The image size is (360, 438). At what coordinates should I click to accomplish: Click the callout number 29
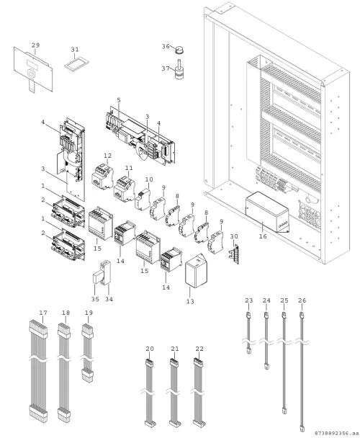[x=35, y=45]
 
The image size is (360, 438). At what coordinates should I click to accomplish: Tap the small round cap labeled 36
[x=179, y=50]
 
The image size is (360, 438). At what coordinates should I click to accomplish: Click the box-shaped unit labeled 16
[x=267, y=212]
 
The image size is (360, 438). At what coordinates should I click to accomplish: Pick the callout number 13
[x=190, y=302]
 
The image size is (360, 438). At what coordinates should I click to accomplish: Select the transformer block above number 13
[x=197, y=270]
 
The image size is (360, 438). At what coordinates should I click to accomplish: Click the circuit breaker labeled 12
[x=102, y=176]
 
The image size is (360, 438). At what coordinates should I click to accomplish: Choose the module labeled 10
[x=143, y=200]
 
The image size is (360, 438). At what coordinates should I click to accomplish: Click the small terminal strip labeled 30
[x=234, y=254]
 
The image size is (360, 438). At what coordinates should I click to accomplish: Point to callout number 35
[x=95, y=299]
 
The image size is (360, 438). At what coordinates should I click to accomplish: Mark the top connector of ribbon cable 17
[x=38, y=329]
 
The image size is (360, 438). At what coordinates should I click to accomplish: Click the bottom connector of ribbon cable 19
[x=88, y=375]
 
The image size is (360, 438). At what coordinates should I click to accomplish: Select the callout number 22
[x=199, y=349]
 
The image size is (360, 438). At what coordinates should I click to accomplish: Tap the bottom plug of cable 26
[x=302, y=428]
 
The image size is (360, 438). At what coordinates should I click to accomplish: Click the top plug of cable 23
[x=248, y=316]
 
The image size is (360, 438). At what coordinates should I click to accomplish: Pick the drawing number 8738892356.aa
[x=336, y=433]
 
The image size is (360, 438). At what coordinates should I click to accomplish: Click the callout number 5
[x=119, y=99]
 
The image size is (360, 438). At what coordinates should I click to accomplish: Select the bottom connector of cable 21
[x=174, y=424]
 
